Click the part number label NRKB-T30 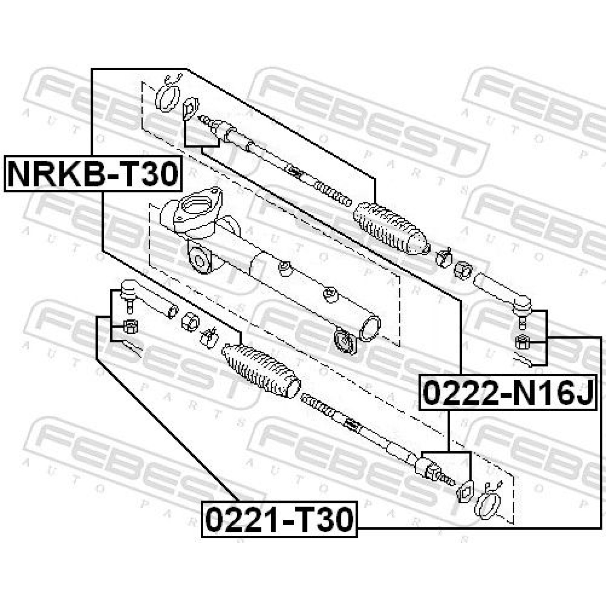(x=93, y=173)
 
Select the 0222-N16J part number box (x=508, y=392)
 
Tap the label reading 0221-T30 (x=279, y=519)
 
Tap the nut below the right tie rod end (x=521, y=343)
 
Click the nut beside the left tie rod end (x=130, y=325)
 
